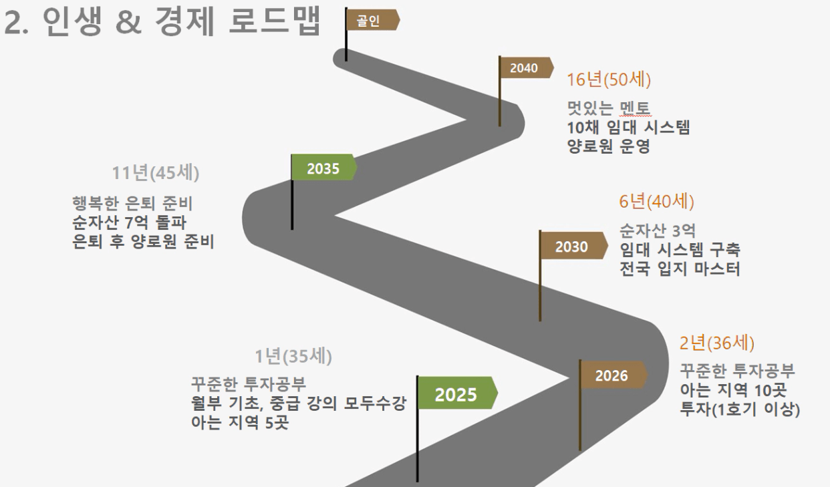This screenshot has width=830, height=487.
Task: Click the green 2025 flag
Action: [457, 393]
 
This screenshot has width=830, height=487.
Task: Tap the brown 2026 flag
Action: [612, 375]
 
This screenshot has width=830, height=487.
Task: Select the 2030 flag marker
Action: [572, 247]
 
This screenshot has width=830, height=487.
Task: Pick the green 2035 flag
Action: [323, 169]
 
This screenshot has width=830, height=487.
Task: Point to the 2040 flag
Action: [525, 67]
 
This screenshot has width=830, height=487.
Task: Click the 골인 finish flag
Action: [372, 21]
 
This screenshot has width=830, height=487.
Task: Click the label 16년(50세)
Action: [608, 80]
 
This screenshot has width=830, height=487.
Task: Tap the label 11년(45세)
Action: [155, 172]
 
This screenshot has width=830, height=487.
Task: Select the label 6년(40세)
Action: [656, 202]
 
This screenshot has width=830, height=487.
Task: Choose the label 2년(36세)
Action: [716, 343]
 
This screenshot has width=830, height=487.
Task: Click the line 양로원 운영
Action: [608, 146]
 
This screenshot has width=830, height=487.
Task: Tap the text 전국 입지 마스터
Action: [680, 269]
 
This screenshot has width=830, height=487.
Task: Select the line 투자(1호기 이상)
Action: [740, 409]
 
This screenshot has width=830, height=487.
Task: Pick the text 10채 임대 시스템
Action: [628, 128]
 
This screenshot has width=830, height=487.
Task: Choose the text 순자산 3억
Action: [658, 231]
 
